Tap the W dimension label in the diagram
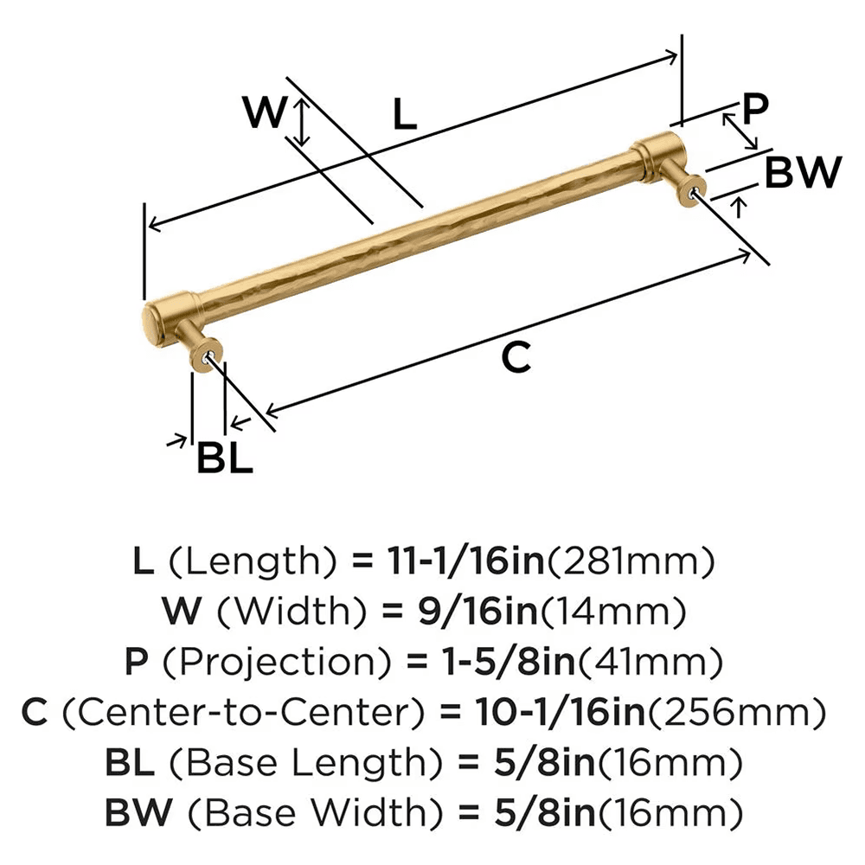(x=263, y=113)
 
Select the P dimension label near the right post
(x=755, y=109)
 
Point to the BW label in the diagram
(x=803, y=174)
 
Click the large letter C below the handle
(x=516, y=357)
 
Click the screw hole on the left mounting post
(x=208, y=355)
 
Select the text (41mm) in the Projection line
(x=650, y=663)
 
